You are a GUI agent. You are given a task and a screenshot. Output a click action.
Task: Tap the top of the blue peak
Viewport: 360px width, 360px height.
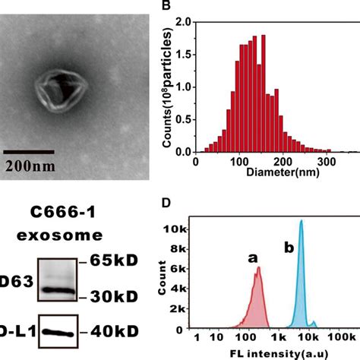302,222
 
